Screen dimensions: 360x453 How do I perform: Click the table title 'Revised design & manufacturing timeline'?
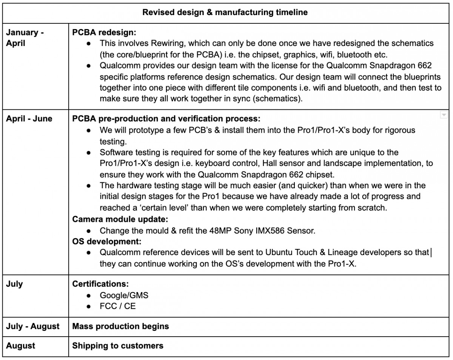click(x=225, y=12)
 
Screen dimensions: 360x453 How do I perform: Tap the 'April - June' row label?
click(x=29, y=119)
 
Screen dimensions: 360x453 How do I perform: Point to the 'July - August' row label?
click(x=33, y=326)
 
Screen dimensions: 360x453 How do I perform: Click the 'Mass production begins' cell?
click(x=120, y=326)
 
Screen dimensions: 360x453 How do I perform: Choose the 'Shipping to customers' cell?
click(x=117, y=345)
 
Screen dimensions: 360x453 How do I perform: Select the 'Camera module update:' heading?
click(x=120, y=219)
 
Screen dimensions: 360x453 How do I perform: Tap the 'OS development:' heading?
click(x=106, y=241)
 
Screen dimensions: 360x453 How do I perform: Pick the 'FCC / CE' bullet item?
click(x=117, y=306)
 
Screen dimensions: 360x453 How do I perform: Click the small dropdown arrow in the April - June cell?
click(x=444, y=115)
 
